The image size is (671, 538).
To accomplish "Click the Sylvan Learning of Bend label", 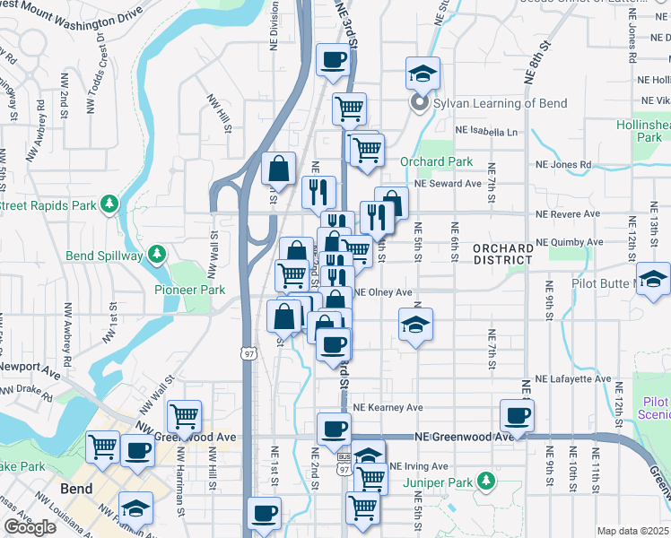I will point(500,103).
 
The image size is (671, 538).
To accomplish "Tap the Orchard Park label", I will point(436,162).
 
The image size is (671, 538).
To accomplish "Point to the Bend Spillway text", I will point(104,256).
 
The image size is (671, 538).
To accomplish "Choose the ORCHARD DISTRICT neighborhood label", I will point(502,254).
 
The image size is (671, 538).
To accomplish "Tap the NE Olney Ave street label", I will point(383,292).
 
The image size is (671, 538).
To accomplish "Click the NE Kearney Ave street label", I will point(388,407).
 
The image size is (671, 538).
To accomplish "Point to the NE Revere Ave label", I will point(568,214).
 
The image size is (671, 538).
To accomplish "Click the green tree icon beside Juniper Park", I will point(486,482).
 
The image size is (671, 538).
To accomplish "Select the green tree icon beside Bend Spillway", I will point(157,255).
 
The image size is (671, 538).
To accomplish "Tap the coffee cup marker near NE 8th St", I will point(518,415).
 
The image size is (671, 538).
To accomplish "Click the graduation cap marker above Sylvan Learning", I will point(423,74).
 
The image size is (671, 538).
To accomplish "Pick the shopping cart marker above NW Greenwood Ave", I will point(184,416).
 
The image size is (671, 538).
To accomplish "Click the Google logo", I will point(30,527).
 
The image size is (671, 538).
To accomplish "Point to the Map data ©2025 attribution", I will point(632,531).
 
